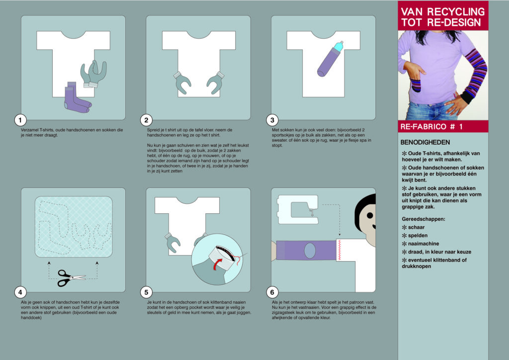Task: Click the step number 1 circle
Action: pyautogui.click(x=20, y=120)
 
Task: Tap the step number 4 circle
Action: pyautogui.click(x=20, y=292)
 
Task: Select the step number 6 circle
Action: pyautogui.click(x=272, y=292)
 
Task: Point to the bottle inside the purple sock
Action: pyautogui.click(x=338, y=47)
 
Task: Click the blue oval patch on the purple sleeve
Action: pyautogui.click(x=309, y=250)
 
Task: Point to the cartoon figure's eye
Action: pyautogui.click(x=369, y=215)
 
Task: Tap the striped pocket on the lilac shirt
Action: pyautogui.click(x=416, y=85)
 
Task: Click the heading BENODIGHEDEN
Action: pyautogui.click(x=425, y=142)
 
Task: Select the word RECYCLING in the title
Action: pyautogui.click(x=456, y=12)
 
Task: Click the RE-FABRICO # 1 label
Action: pyautogui.click(x=431, y=127)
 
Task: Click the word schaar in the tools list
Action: pyautogui.click(x=416, y=227)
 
